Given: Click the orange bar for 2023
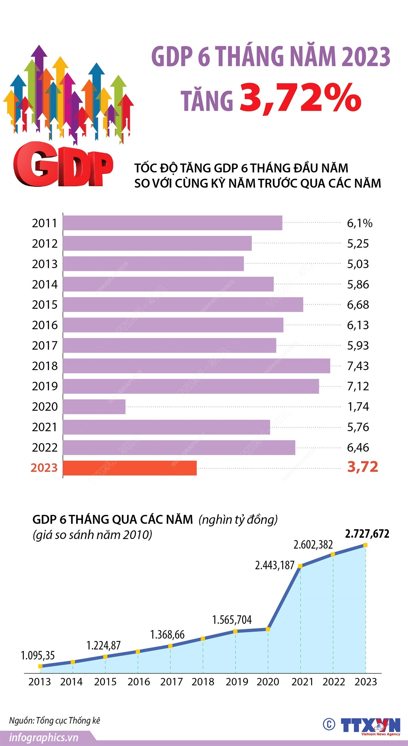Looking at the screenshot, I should (130, 468).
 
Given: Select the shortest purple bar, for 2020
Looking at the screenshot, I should (94, 407).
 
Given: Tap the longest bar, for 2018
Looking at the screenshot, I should (197, 366).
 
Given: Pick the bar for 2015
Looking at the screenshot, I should (183, 305).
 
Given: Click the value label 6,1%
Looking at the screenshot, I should (359, 223).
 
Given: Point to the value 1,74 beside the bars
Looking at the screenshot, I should (358, 407).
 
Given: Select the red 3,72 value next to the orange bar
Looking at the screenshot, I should (362, 467).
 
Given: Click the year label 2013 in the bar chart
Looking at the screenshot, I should (45, 264).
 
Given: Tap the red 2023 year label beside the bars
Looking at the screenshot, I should (44, 468).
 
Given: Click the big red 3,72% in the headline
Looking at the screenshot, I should (301, 98).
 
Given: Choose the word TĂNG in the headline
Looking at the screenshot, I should (207, 101).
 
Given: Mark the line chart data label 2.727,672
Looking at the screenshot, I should (367, 534).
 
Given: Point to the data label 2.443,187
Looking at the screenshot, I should (275, 565).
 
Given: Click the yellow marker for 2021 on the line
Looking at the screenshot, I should (300, 566).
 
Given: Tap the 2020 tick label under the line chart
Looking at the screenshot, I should (268, 682).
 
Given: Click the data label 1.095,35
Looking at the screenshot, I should (38, 655).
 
